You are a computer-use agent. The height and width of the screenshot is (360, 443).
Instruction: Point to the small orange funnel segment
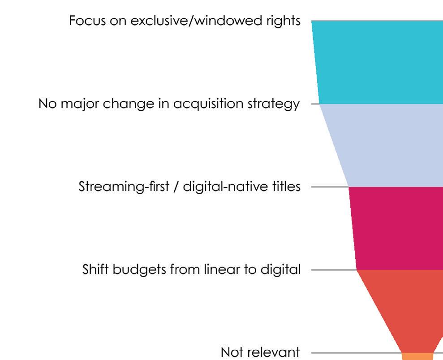(x=417, y=356)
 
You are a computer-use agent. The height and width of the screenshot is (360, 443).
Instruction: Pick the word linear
(x=211, y=270)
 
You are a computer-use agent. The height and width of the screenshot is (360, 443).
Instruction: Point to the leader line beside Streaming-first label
(x=329, y=187)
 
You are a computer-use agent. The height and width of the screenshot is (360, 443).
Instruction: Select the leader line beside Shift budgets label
(x=333, y=270)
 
